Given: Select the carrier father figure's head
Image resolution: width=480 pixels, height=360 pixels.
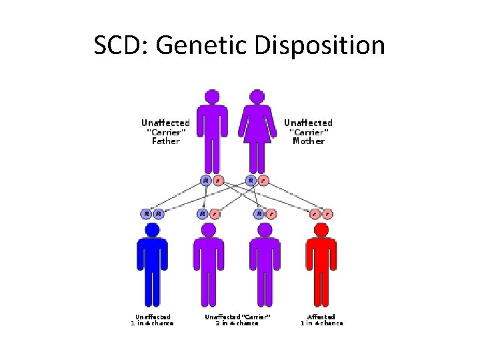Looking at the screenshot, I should pos(212,96).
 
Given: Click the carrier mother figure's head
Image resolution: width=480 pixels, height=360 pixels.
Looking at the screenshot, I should pos(259,96).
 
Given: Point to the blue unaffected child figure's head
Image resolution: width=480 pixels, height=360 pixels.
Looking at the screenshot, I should pos(152,231).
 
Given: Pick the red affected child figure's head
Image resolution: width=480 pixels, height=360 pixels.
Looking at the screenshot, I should pos(321,231).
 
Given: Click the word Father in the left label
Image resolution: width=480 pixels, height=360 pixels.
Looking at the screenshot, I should pos(165,141).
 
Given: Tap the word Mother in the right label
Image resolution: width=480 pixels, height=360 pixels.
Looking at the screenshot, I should pos(308,141).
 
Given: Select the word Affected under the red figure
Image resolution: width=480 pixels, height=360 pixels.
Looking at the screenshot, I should pos(321,317).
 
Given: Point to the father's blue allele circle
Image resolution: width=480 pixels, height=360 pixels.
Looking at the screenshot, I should pos(205,180).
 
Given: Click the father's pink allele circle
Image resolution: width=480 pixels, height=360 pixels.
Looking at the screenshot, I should pos(218,180).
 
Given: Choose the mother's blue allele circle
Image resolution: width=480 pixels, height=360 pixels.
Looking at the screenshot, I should pos(251,180).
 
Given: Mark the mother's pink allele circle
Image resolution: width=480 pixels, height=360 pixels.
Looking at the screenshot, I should pos(264,180).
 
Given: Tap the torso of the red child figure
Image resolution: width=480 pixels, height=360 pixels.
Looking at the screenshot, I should pos(321,257).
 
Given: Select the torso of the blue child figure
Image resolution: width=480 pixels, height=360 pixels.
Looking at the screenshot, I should pos(152,257).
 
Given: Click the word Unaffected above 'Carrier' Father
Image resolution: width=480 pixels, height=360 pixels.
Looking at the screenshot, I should pos(165,123).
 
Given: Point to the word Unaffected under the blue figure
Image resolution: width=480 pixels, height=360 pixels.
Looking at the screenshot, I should pos(153,317).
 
